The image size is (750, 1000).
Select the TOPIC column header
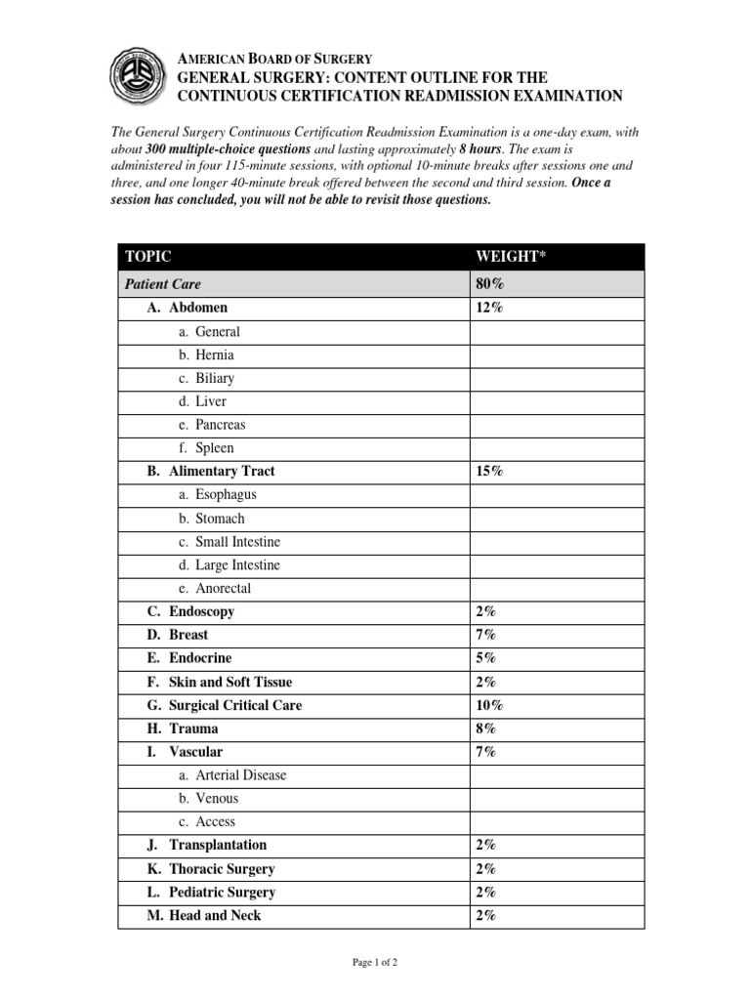[x=147, y=257]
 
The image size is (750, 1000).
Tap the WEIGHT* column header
[x=507, y=257]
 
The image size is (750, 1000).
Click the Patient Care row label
[x=162, y=284]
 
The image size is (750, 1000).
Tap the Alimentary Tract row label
[x=211, y=471]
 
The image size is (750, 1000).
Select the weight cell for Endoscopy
[x=485, y=611]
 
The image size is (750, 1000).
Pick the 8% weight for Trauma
[x=485, y=729]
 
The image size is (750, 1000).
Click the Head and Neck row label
[x=204, y=915]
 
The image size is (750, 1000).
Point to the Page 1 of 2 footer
[x=375, y=963]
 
